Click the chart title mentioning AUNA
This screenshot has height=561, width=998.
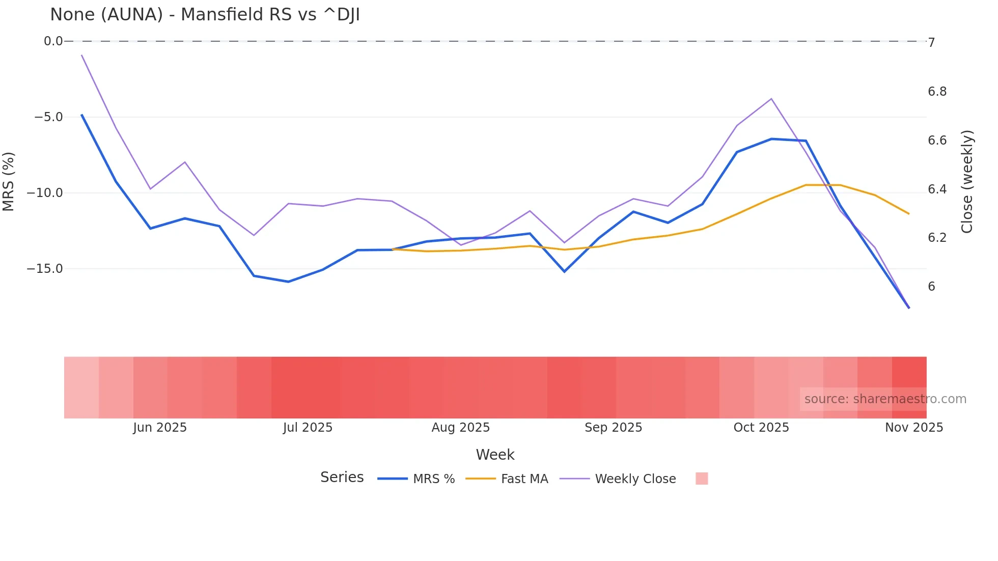[205, 15]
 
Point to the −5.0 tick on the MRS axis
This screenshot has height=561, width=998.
[49, 117]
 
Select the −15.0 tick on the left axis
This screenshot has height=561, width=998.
[45, 268]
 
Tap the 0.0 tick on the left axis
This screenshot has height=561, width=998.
[53, 41]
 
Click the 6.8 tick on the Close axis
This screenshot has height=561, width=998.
[937, 92]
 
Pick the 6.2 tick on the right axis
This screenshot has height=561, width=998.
[937, 238]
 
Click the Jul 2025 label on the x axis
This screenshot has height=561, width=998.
[308, 428]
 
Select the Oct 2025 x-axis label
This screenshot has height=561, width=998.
[761, 428]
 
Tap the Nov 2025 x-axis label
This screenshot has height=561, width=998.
[913, 428]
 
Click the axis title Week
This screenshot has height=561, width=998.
[495, 455]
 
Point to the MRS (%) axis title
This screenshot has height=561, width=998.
[9, 181]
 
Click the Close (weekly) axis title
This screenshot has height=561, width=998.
[966, 181]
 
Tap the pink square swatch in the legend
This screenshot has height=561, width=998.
[702, 479]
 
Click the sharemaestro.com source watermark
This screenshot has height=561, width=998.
[885, 399]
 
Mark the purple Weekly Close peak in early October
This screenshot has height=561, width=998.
[771, 99]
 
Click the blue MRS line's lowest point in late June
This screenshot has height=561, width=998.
[288, 282]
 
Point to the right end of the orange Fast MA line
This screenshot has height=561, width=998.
[909, 214]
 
